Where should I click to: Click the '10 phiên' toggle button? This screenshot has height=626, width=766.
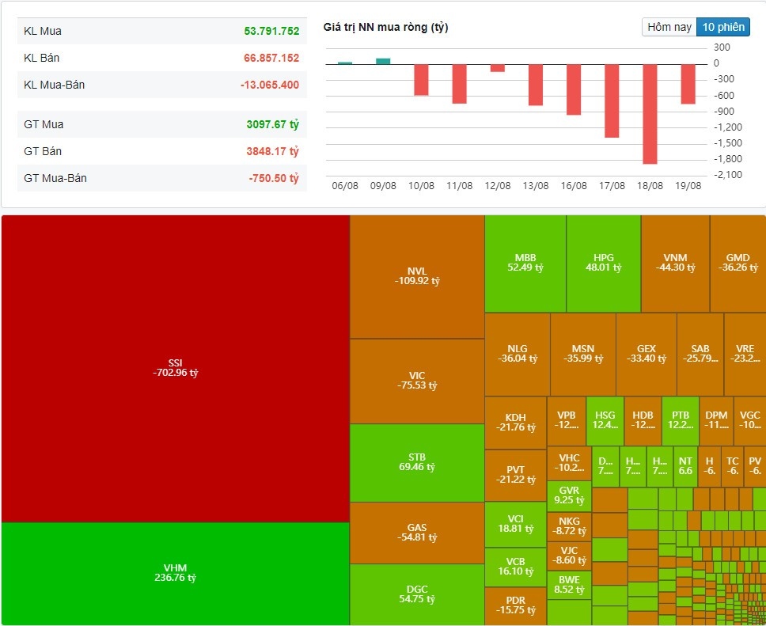tap(723, 27)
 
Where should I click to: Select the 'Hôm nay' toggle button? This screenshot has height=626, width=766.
tap(669, 27)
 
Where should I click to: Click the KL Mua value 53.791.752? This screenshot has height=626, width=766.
tap(271, 31)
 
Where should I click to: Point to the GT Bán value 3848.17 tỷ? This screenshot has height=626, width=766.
tap(272, 151)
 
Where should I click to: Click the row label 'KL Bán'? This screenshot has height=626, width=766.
tap(42, 58)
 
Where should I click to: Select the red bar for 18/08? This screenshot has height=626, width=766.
tap(650, 113)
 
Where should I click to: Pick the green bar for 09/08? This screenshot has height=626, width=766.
tap(383, 61)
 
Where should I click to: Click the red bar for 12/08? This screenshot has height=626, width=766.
tap(497, 68)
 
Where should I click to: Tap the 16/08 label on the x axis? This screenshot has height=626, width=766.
tap(574, 186)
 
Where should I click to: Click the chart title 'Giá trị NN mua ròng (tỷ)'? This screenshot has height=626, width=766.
tap(385, 28)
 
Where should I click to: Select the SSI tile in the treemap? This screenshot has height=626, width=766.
tap(175, 367)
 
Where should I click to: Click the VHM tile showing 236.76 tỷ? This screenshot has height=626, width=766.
tap(175, 573)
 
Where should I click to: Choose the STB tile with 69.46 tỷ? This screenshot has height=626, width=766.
tap(416, 462)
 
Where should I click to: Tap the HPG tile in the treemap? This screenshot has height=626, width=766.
tap(603, 263)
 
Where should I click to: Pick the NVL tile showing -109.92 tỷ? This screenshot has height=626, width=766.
tap(416, 276)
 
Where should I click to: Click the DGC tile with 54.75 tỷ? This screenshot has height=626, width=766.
tap(416, 594)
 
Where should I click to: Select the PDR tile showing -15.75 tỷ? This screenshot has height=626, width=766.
tap(515, 605)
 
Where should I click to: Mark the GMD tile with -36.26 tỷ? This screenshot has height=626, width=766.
tap(738, 263)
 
